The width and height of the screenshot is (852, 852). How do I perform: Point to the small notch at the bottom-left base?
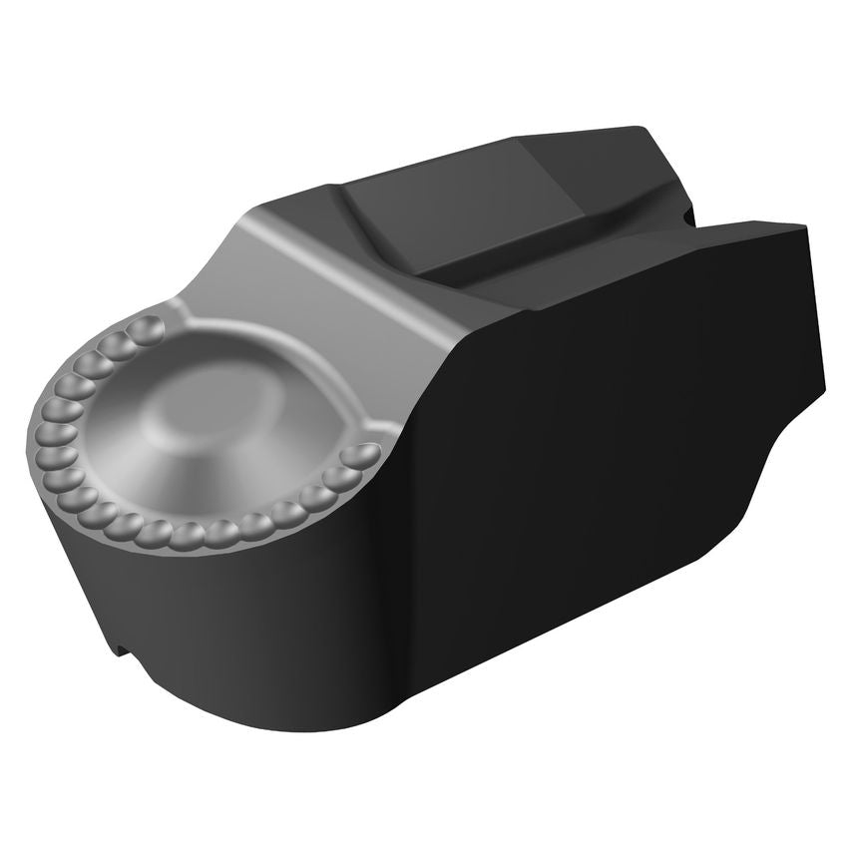tap(123, 650)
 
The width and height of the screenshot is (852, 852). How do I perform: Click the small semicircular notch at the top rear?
tap(686, 213)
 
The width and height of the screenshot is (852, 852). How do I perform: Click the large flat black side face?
tap(599, 429)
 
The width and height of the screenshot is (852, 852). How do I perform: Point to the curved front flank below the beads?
tap(200, 619)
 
